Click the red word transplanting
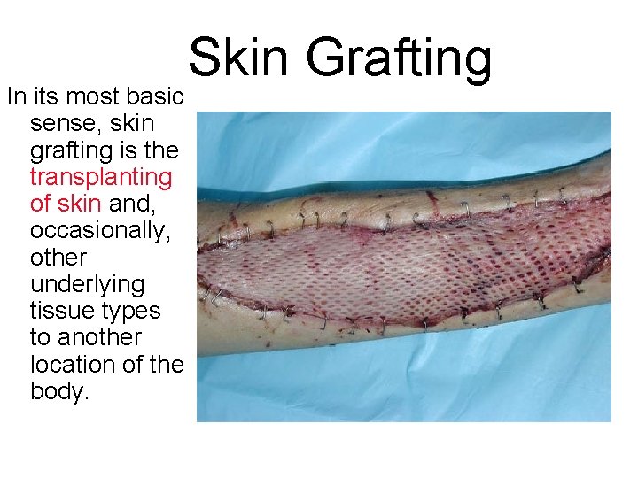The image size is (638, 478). tap(101, 177)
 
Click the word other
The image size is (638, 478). tap(58, 258)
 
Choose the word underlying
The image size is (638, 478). tap(87, 284)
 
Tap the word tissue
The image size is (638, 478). tap(58, 311)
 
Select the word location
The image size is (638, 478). tap(74, 365)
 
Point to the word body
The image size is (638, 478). tap(58, 391)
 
